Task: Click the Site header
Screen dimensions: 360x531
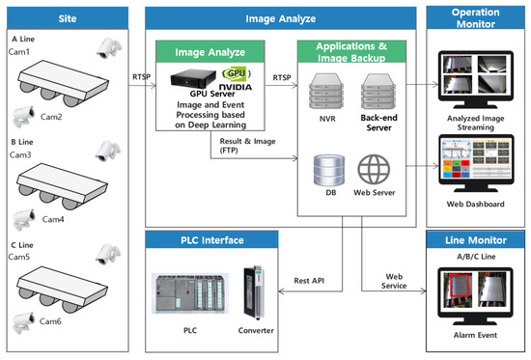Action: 67,15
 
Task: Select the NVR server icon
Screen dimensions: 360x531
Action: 325,94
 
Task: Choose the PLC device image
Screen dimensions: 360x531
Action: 189,295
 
